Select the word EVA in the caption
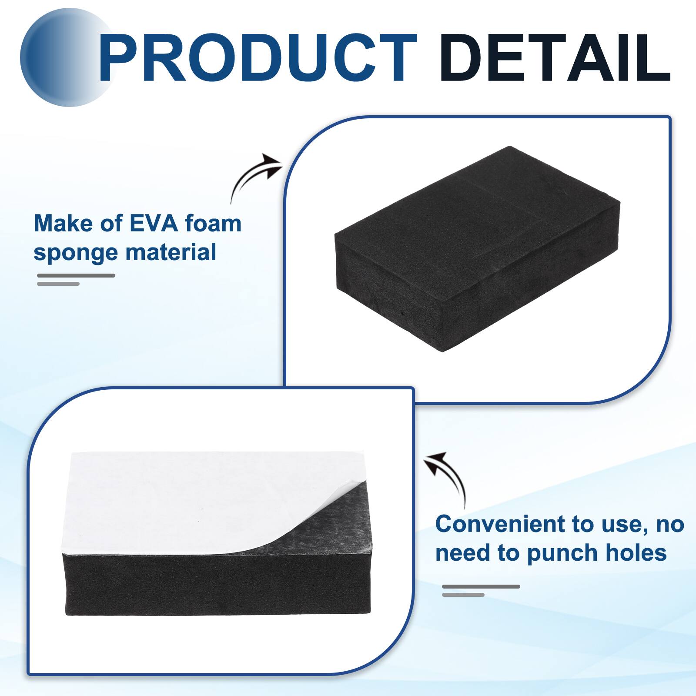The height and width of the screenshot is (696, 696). pos(154,224)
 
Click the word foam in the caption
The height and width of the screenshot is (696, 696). pos(213,224)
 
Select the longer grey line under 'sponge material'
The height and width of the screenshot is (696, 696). pos(76,275)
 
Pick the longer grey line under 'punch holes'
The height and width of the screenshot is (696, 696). pos(481,586)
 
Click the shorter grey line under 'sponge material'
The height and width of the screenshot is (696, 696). pos(58,284)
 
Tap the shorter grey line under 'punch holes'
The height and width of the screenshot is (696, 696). pos(463,595)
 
